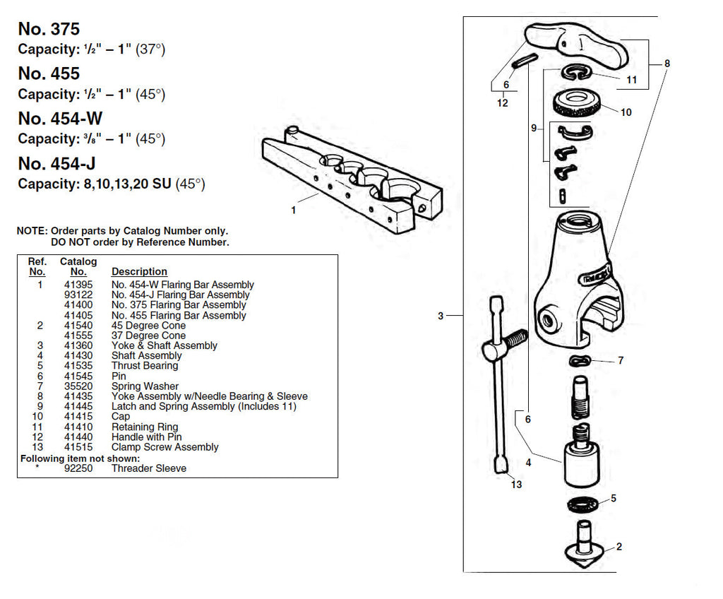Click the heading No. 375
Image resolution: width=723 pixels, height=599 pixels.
[x=49, y=30]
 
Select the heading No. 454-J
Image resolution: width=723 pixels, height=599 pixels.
[x=56, y=164]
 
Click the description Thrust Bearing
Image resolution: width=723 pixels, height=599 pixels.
[x=145, y=366]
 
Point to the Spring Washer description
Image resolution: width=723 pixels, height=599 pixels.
[x=145, y=386]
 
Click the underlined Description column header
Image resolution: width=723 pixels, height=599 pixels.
[x=139, y=271]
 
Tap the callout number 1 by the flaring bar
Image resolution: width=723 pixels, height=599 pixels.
[x=294, y=210]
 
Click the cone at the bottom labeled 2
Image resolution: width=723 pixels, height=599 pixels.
[x=581, y=547]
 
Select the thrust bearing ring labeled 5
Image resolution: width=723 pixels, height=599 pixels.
[x=583, y=504]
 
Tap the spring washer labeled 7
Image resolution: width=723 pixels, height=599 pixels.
[x=580, y=362]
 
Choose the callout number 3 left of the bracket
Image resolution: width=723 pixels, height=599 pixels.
[x=441, y=316]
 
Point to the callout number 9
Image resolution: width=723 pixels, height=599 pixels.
[x=534, y=128]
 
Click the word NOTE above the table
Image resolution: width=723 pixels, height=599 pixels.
[x=32, y=231]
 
